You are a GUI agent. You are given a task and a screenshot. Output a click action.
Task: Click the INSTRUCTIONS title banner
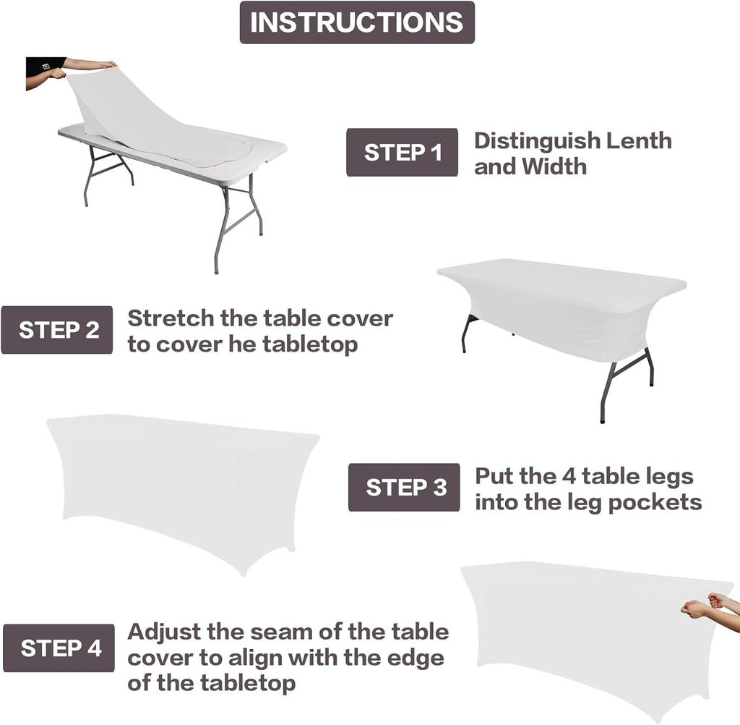click(357, 22)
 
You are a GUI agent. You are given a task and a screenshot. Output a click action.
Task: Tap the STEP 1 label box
click(402, 153)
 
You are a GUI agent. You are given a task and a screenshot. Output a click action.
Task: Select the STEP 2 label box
click(57, 330)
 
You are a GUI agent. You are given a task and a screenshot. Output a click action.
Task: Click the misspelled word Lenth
click(638, 140)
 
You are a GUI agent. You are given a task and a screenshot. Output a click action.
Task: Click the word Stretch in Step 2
click(171, 318)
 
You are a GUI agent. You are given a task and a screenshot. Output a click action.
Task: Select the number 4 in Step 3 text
click(569, 476)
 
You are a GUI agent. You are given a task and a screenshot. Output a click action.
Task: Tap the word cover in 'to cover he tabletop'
click(189, 344)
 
